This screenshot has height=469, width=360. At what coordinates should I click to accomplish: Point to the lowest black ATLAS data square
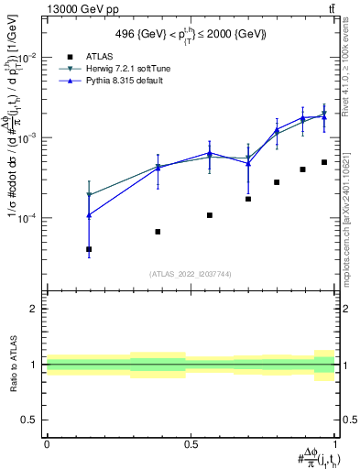click(x=89, y=249)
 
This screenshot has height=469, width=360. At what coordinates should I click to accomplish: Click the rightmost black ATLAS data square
click(x=324, y=162)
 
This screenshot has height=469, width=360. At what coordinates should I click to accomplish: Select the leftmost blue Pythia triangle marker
click(x=89, y=215)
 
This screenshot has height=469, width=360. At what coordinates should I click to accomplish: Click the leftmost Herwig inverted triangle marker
click(x=89, y=195)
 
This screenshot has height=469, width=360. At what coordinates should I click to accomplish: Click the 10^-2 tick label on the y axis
click(x=29, y=57)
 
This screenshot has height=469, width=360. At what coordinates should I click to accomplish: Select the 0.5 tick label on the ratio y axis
click(x=30, y=420)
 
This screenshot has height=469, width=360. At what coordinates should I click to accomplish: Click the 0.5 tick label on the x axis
click(x=191, y=443)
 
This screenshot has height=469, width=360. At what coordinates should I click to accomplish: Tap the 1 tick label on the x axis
click(x=334, y=443)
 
